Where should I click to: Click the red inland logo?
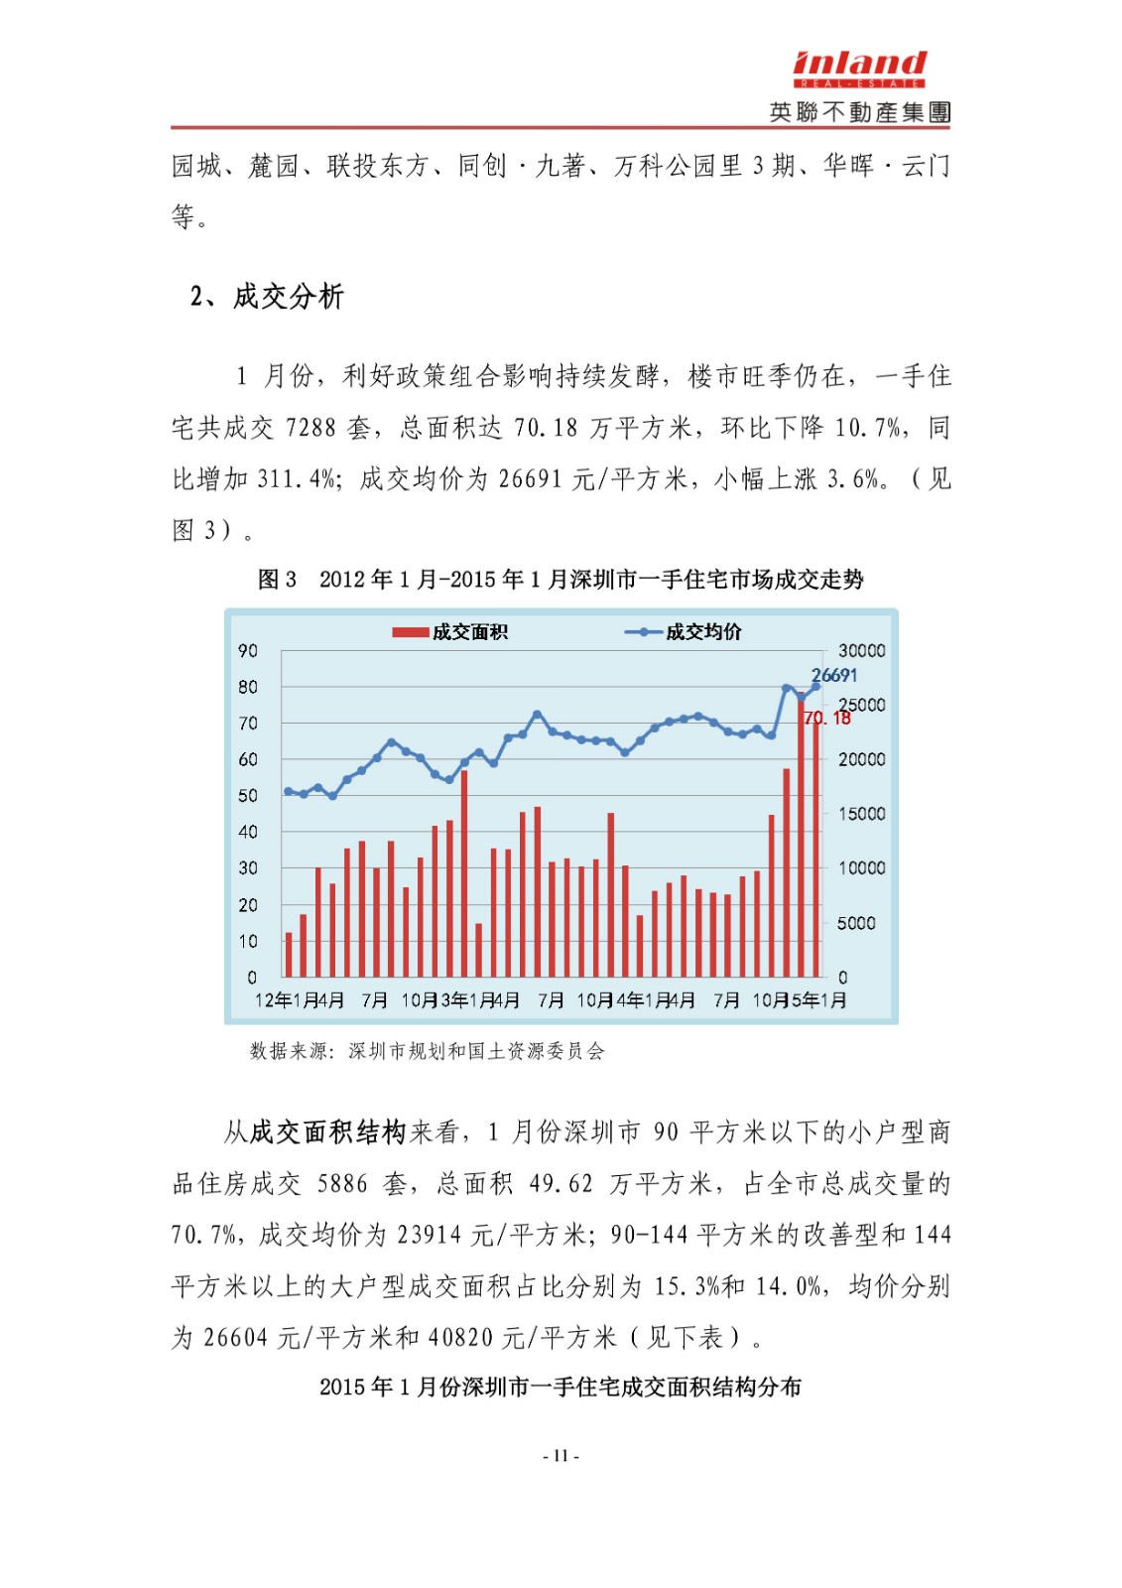click(x=859, y=66)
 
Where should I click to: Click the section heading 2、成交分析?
click(x=267, y=296)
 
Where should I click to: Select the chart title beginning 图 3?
click(x=561, y=580)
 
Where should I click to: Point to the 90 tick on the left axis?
click(x=248, y=651)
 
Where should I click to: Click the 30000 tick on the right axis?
click(x=861, y=651)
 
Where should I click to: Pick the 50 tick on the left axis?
click(x=248, y=796)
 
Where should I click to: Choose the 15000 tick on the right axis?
click(x=861, y=814)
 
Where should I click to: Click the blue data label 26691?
click(x=834, y=675)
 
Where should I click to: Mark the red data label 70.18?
click(x=827, y=719)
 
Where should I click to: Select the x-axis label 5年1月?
click(x=819, y=1000)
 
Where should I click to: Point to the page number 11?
click(x=561, y=1456)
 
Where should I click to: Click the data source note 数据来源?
click(x=428, y=1051)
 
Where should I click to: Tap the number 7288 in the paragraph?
click(x=311, y=428)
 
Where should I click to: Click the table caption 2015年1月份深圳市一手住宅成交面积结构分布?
click(x=561, y=1387)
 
